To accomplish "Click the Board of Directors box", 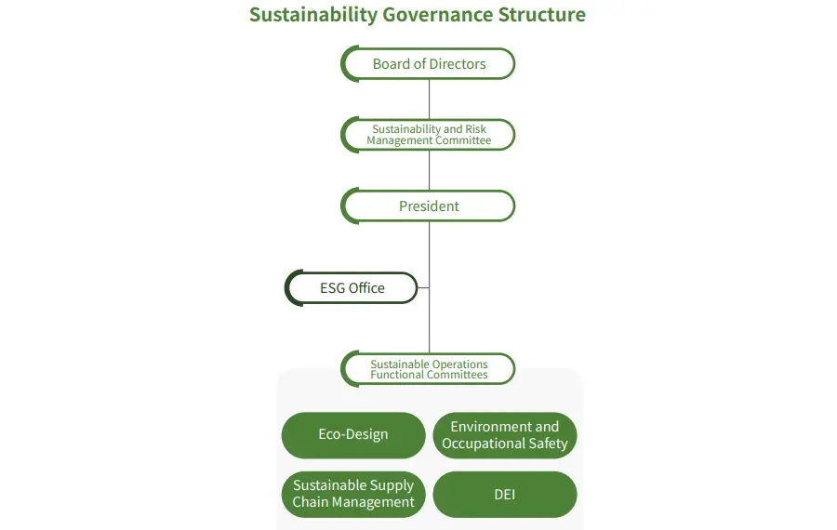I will (x=429, y=64).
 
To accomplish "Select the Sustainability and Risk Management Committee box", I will (x=429, y=135).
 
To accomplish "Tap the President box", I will (x=429, y=205).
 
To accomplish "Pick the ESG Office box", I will (x=352, y=288).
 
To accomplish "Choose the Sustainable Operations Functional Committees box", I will (x=429, y=369).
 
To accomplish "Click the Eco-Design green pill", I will (x=352, y=434).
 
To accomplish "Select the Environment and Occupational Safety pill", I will (x=504, y=435).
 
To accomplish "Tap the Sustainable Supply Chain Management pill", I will (x=352, y=494).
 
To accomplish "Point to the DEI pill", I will (x=504, y=494).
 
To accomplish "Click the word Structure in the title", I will (x=541, y=15).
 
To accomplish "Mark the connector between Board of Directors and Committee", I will (x=429, y=99).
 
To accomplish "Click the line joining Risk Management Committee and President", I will (x=429, y=170).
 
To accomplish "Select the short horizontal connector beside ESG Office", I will (x=422, y=288).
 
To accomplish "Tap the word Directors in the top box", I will (x=458, y=64).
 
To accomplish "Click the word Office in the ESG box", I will (x=366, y=288).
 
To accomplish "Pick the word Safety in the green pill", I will (x=548, y=444).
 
